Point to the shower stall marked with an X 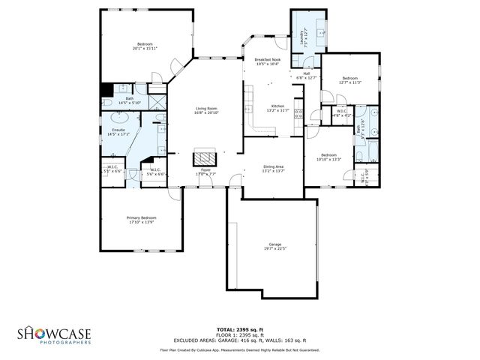(x=158, y=102)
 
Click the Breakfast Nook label (x=267, y=60)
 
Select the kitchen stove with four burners (x=298, y=114)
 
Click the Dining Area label (x=273, y=167)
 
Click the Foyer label (x=205, y=170)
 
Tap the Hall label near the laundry (x=307, y=73)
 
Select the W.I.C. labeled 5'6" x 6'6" (x=154, y=172)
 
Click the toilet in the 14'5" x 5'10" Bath (x=107, y=103)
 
